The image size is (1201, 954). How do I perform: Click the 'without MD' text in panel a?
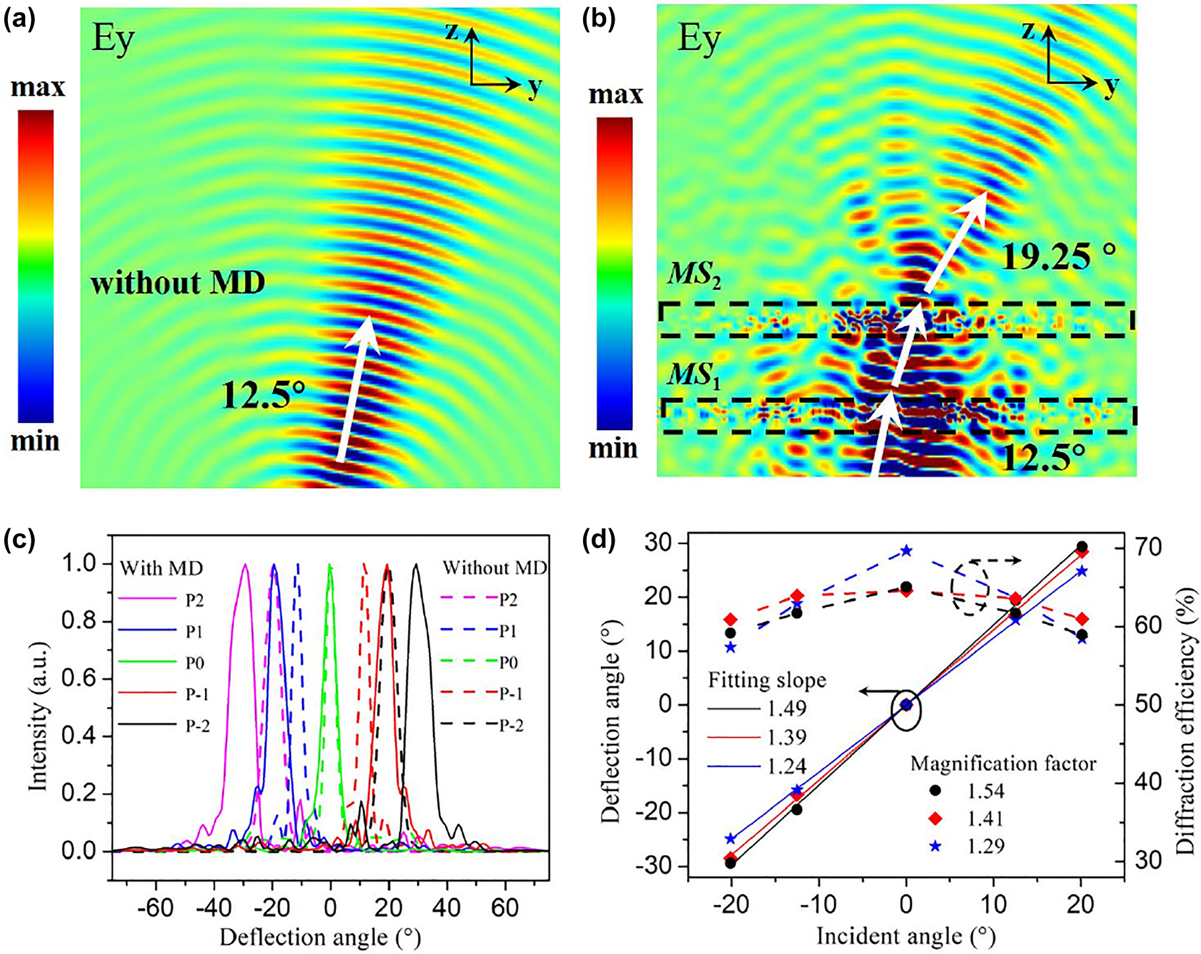click(x=178, y=283)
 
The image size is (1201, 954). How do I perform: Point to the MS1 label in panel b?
click(x=694, y=376)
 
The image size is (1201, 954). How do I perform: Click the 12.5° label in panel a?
click(x=264, y=395)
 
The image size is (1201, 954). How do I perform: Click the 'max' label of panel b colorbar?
click(x=615, y=95)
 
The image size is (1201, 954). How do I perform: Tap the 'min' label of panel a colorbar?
click(x=36, y=441)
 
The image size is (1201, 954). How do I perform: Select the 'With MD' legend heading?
click(x=161, y=567)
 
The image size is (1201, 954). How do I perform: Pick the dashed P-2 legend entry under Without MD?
click(x=482, y=725)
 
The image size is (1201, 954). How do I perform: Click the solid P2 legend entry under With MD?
click(x=161, y=600)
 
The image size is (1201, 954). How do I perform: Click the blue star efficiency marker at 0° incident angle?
click(x=907, y=550)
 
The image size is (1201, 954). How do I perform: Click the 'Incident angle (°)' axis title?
click(x=906, y=936)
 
